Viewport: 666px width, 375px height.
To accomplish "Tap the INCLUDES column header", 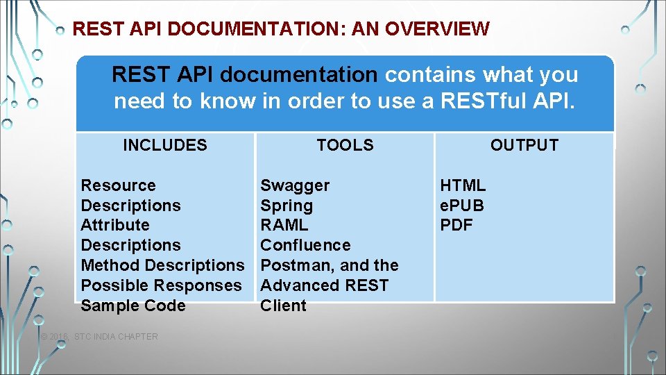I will point(165,145).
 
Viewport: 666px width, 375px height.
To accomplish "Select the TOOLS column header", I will point(345,145).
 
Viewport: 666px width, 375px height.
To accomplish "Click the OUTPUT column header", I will point(524,145).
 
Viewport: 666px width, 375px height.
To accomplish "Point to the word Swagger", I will point(295,185).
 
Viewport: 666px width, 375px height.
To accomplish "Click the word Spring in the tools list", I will point(287,206).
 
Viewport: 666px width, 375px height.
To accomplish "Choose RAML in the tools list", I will point(284,225).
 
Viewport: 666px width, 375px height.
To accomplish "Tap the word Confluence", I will point(305,245).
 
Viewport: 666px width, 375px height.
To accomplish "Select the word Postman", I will point(290,265).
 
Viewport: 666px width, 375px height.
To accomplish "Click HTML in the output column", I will point(463,185).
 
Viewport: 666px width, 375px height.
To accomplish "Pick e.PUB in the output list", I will point(462,206).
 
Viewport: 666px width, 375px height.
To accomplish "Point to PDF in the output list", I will point(456,225).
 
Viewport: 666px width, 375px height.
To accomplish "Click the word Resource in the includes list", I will point(119,185).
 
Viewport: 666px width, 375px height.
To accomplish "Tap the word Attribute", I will point(115,225).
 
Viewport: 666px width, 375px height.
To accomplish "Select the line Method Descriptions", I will point(163,265).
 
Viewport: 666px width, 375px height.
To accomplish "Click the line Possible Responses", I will point(162,285).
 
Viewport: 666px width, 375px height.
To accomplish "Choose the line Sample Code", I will point(133,306).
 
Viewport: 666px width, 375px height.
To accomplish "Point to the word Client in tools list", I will point(283,306).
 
